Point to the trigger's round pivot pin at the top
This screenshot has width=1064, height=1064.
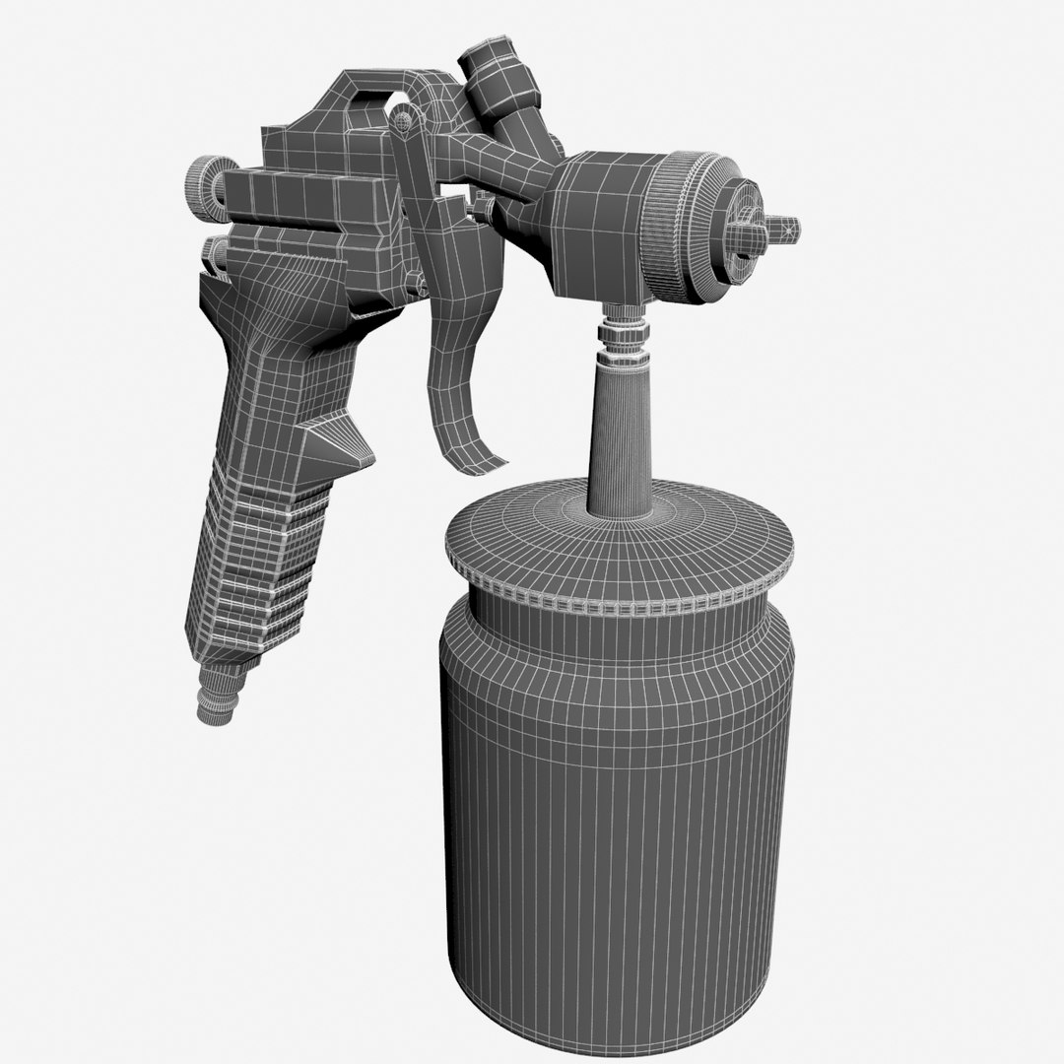pos(402,120)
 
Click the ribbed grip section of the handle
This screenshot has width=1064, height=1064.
pos(256,571)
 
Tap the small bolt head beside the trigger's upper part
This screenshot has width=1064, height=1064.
pos(483,208)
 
